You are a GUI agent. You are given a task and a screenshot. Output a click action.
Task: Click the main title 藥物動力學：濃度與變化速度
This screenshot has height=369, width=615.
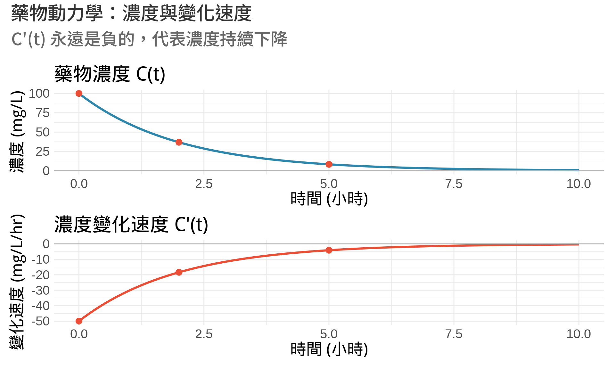click(131, 13)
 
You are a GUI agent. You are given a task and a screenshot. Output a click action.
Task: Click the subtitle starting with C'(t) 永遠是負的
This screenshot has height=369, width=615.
click(149, 39)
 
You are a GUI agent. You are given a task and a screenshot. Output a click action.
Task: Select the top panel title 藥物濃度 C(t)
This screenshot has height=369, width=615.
click(110, 74)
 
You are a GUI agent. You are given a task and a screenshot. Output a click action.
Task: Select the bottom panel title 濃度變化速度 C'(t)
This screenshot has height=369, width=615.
click(131, 224)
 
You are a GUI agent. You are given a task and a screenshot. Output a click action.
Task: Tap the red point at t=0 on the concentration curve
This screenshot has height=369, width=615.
click(79, 94)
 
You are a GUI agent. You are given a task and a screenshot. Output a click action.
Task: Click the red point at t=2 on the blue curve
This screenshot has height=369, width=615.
click(179, 142)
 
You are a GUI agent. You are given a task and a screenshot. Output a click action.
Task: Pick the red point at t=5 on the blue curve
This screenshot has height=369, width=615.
click(329, 164)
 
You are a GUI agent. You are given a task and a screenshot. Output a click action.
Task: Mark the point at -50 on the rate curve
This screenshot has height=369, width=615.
click(79, 321)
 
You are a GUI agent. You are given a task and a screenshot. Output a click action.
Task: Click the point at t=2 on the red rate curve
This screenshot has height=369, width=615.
click(179, 272)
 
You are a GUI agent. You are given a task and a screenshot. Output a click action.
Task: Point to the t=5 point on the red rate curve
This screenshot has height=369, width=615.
click(329, 250)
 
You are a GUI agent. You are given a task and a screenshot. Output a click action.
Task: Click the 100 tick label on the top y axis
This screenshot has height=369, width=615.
click(39, 94)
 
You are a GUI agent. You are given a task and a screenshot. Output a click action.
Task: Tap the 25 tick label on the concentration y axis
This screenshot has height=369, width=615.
click(43, 152)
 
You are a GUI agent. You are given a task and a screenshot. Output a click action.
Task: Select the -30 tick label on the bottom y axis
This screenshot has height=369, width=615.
click(41, 291)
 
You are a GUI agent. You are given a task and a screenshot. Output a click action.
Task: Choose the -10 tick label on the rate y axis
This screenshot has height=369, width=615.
click(41, 259)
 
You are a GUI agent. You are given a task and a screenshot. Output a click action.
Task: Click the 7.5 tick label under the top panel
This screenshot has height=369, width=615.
click(454, 184)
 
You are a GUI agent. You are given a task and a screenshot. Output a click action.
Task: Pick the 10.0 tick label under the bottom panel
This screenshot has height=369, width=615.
click(578, 334)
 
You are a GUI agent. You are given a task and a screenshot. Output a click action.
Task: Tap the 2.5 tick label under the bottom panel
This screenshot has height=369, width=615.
click(204, 334)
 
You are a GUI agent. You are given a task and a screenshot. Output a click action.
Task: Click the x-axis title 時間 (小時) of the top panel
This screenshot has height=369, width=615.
click(329, 199)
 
